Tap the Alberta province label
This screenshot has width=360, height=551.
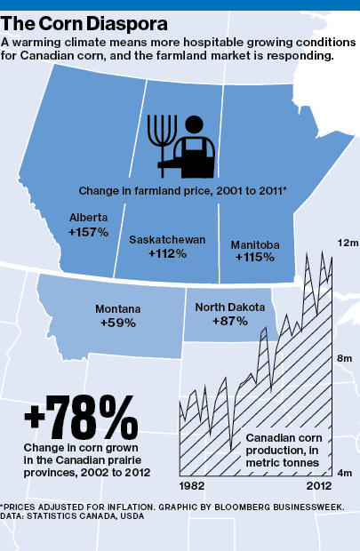(88, 217)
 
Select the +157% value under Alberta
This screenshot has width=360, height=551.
(88, 231)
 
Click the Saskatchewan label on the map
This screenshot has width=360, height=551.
(167, 239)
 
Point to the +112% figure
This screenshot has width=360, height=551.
(166, 253)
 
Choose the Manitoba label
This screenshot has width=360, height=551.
(255, 244)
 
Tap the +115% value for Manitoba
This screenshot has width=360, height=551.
(255, 257)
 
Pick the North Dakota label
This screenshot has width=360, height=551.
(230, 307)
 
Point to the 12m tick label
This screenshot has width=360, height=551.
(346, 243)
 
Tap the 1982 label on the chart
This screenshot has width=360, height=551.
(194, 487)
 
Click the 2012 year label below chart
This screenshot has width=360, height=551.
(317, 487)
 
